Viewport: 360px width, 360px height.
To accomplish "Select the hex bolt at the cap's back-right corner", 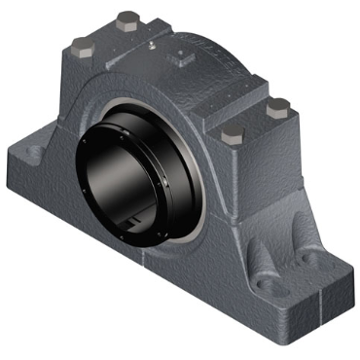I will [278, 105].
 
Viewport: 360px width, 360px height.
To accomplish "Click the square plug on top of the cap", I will [181, 58].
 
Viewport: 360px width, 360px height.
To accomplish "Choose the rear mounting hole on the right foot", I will [309, 259].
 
